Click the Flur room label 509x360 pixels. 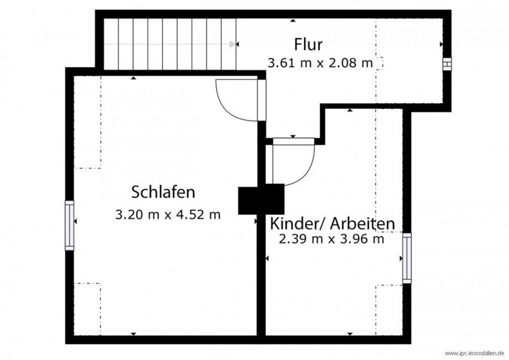(308, 44)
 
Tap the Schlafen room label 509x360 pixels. (163, 192)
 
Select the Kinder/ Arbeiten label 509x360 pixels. (332, 224)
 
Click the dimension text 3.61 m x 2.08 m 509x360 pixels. (320, 62)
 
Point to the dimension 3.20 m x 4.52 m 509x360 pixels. (168, 214)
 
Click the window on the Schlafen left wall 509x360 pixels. (70, 225)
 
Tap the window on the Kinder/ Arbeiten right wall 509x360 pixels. (407, 258)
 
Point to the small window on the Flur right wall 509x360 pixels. (447, 64)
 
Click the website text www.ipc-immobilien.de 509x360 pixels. (474, 353)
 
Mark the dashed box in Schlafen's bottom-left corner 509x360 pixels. (87, 309)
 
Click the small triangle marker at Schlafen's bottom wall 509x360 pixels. (133, 333)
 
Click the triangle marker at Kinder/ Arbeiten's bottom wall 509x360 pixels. (350, 333)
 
